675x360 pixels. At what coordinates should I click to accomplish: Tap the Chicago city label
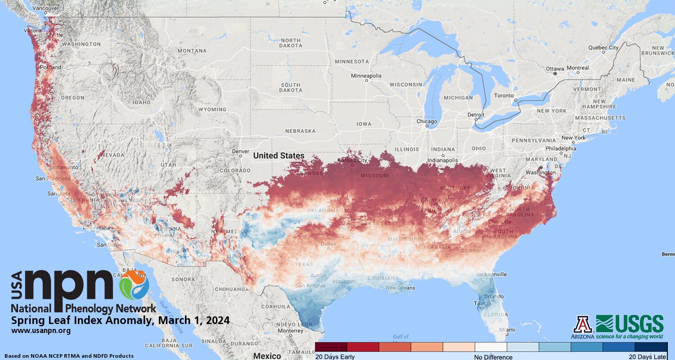(x=427, y=121)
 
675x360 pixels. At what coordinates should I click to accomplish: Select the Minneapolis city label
(x=366, y=76)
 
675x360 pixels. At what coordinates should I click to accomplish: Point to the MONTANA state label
(x=192, y=51)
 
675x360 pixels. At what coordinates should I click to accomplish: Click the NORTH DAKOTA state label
(x=290, y=43)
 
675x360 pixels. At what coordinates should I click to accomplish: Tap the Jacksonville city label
(x=493, y=274)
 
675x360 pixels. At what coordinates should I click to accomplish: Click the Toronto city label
(x=504, y=96)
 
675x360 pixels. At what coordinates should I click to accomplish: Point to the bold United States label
(x=279, y=156)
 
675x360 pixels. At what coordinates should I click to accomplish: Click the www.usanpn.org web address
(x=41, y=331)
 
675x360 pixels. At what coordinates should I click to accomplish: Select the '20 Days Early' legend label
(x=335, y=357)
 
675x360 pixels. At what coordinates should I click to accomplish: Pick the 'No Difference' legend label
(x=493, y=357)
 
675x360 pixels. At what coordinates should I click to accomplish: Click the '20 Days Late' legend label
(x=648, y=357)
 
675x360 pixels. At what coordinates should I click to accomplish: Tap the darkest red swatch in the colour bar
(x=331, y=347)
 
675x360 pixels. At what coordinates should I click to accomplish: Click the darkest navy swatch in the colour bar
(x=651, y=347)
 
